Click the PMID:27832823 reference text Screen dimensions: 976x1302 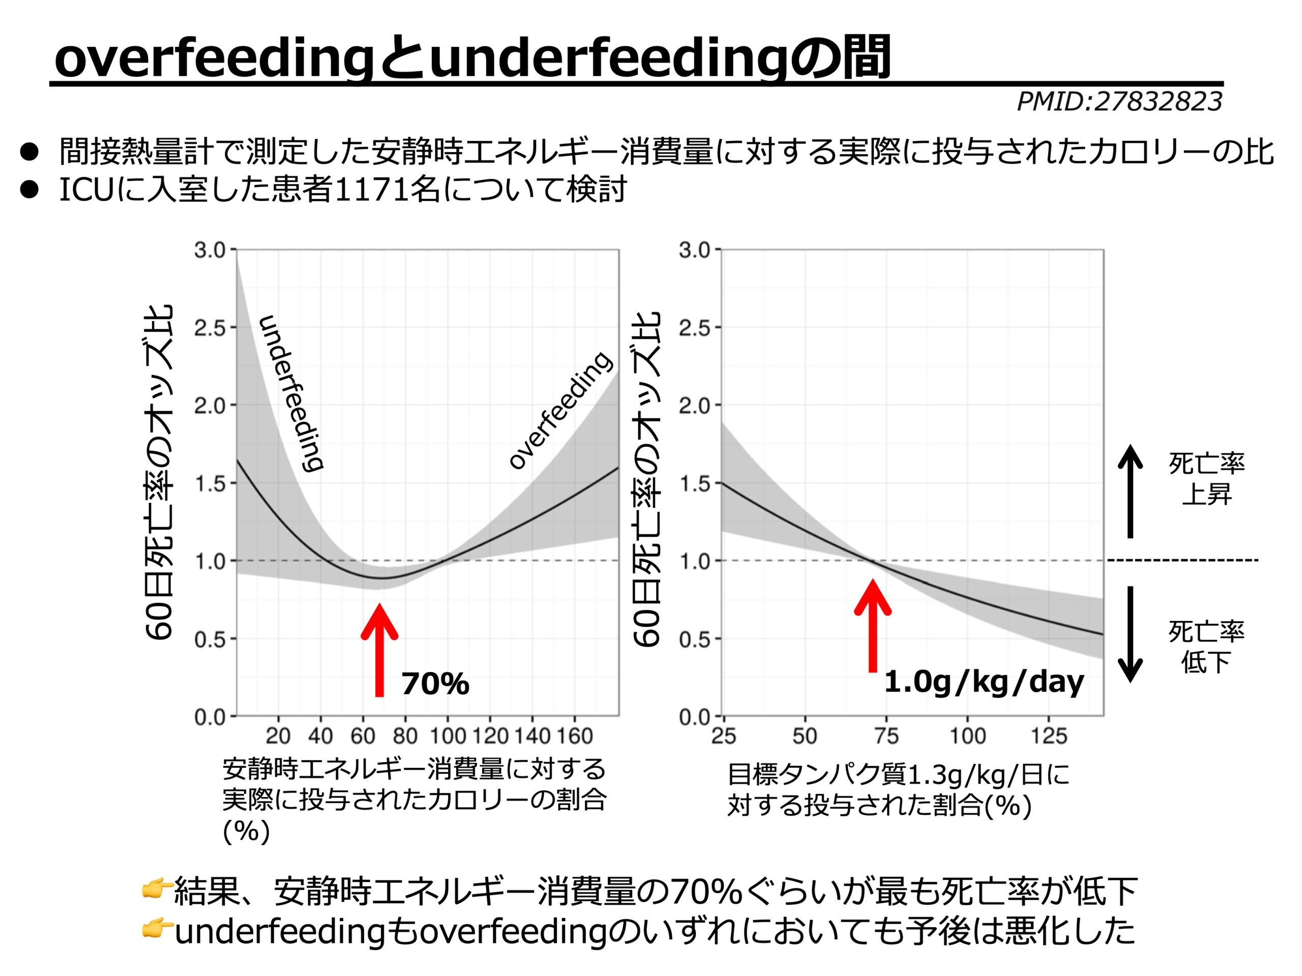point(1119,102)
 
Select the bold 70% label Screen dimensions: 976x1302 point(435,684)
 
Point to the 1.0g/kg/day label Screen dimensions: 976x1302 point(984,682)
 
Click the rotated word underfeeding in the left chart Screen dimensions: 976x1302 point(291,393)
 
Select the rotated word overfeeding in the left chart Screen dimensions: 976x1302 point(560,411)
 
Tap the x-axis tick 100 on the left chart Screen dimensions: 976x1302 point(448,736)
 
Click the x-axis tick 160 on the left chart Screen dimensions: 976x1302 point(575,736)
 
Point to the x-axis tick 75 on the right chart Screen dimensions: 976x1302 point(886,736)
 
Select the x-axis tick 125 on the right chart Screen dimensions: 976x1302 point(1049,736)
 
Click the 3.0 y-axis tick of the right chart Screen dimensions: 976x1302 point(695,250)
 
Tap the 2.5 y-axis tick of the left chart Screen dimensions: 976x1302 point(210,328)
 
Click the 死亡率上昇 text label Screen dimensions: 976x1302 point(1207,479)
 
